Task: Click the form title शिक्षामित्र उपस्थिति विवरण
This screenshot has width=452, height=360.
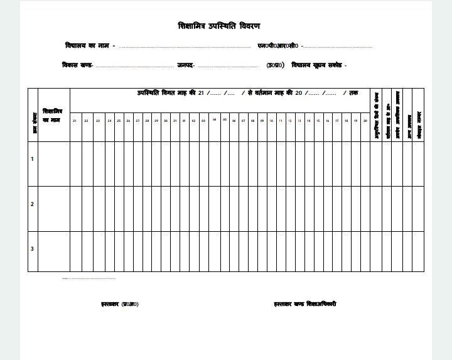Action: click(218, 26)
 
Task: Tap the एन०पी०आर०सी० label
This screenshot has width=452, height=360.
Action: click(278, 46)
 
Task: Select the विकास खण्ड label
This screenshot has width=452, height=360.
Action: click(77, 65)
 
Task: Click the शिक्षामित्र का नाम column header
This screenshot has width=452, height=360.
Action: click(52, 116)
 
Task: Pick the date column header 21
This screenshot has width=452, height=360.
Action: click(74, 121)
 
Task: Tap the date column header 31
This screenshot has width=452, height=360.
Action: click(175, 121)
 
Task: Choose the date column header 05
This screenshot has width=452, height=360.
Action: click(224, 119)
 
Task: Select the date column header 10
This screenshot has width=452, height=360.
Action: click(271, 121)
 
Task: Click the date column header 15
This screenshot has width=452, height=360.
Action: click(318, 121)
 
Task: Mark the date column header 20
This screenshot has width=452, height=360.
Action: click(365, 121)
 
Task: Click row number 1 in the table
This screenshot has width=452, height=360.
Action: click(32, 159)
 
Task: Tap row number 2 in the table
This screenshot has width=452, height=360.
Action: click(32, 204)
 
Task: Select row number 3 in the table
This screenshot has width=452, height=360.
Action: click(32, 249)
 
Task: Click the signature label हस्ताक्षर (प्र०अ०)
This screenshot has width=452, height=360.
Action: click(120, 304)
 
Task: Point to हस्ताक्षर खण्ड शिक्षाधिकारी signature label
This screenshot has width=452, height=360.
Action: click(305, 304)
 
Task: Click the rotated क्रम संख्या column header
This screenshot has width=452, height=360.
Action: click(35, 123)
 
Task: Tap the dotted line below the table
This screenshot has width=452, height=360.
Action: click(89, 278)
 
